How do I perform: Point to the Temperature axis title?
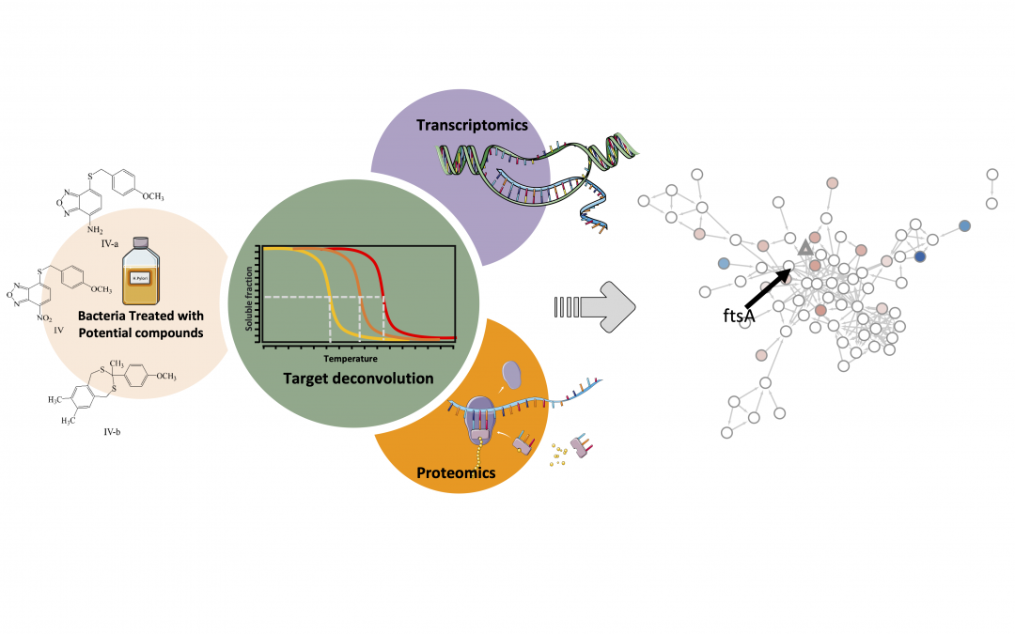351,358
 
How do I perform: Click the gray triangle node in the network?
804,248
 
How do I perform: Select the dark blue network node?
920,256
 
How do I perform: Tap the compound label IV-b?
110,432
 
